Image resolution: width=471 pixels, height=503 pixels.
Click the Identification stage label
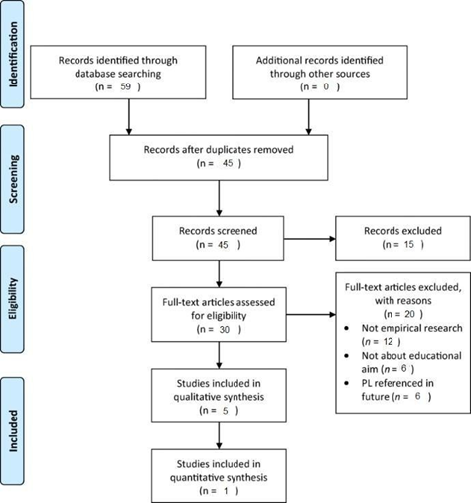tap(13, 55)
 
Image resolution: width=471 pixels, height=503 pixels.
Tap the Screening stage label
tap(13, 179)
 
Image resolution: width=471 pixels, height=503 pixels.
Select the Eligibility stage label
tap(13, 299)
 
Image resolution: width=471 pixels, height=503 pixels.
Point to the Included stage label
tap(13, 430)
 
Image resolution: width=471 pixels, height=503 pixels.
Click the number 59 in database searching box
tap(126, 86)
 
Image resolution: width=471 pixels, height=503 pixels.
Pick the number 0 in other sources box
tap(326, 86)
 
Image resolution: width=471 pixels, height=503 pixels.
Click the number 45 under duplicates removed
tap(228, 163)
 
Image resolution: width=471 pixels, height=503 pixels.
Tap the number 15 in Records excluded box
tap(409, 244)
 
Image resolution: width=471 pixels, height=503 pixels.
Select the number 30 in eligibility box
tap(225, 329)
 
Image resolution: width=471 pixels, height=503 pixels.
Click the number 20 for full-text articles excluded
tap(409, 314)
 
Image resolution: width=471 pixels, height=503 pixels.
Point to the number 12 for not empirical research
tap(388, 341)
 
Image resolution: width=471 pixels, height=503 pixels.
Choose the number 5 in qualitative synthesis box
tap(226, 411)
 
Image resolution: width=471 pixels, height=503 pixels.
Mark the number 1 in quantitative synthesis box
tap(226, 491)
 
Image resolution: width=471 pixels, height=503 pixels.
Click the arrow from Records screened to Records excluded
tap(310, 239)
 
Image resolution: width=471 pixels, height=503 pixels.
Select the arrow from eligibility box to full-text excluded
tap(311, 314)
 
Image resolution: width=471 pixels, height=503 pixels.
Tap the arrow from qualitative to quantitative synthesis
tap(219, 435)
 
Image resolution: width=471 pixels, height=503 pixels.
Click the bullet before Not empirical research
tap(347, 328)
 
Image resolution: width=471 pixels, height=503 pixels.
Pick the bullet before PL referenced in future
tap(347, 383)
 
